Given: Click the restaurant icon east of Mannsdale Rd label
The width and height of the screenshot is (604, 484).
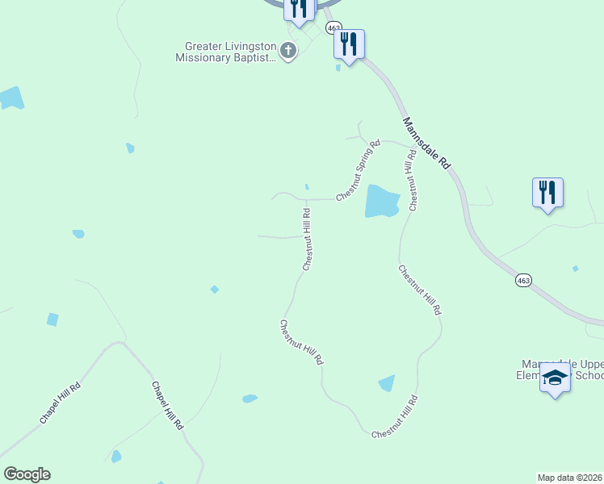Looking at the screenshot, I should [x=547, y=193].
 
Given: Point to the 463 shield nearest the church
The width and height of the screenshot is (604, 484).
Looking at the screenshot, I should [x=335, y=27].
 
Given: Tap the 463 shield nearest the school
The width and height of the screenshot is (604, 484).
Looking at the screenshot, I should [x=524, y=280].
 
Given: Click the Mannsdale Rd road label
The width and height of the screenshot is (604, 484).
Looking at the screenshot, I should [x=426, y=141].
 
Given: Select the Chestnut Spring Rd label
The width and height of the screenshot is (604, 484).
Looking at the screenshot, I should [x=358, y=171].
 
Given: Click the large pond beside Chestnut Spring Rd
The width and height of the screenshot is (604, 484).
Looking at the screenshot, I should [x=382, y=201].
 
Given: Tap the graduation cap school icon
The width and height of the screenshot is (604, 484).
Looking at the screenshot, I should [x=555, y=378].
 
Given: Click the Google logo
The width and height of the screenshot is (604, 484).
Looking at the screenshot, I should [x=27, y=474].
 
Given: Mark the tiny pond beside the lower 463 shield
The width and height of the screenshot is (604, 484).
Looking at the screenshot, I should [x=575, y=269].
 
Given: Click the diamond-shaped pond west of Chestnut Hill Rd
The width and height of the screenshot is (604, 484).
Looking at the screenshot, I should [x=214, y=290].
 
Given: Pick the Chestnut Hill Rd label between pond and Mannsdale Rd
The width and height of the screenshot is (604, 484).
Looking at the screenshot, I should [x=413, y=180].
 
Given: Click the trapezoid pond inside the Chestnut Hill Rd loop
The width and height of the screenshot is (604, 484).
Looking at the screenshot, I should [x=387, y=383].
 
